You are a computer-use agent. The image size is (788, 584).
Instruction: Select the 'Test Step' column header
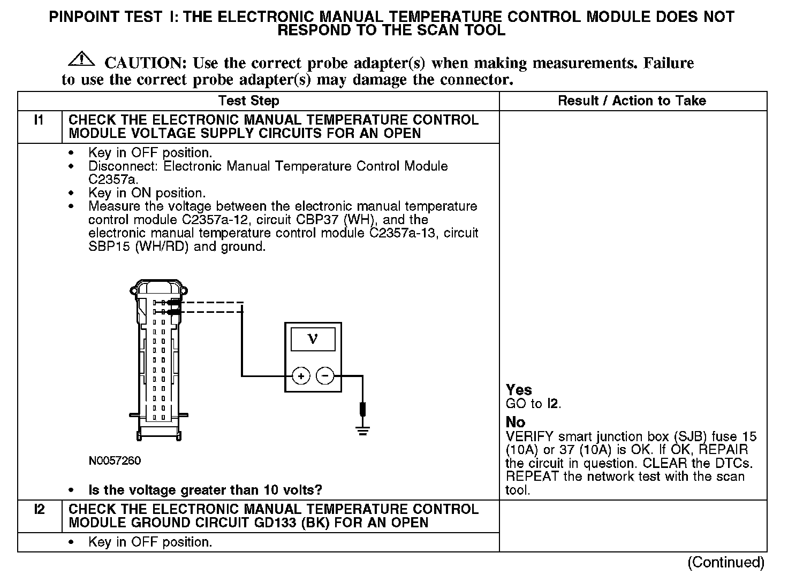click(x=249, y=101)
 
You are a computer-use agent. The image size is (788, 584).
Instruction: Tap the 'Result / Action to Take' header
click(x=632, y=101)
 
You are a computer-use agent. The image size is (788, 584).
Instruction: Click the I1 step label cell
click(x=39, y=120)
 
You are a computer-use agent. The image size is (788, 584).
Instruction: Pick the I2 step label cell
click(x=39, y=510)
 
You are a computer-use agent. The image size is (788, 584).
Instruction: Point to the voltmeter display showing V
click(x=313, y=339)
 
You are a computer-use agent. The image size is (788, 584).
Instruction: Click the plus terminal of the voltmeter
click(x=301, y=376)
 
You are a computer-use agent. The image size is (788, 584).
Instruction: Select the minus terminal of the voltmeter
click(x=325, y=376)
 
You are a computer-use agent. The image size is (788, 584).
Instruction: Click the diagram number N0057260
click(x=115, y=461)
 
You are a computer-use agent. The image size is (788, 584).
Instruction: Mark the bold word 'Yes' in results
click(x=519, y=390)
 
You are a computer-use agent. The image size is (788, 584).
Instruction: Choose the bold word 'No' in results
click(x=516, y=422)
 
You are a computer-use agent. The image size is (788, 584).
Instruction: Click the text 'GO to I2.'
click(x=533, y=404)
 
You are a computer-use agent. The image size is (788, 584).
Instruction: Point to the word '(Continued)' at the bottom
click(x=726, y=562)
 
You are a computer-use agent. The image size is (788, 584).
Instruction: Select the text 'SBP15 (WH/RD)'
click(x=138, y=247)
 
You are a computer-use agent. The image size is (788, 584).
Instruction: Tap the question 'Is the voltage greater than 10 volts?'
click(x=205, y=490)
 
